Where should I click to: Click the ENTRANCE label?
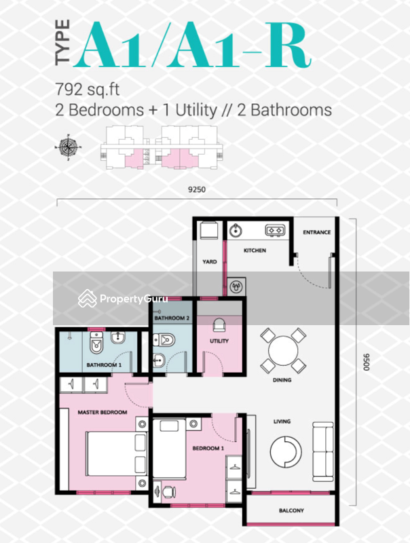coord(316,232)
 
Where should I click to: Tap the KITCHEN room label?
coord(255,250)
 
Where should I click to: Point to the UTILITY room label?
coord(219,341)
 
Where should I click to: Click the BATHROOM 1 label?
coord(104,365)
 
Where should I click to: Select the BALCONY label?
coord(291,510)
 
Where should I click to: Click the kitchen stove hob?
coord(275,230)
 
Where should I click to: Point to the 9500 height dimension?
coord(367,360)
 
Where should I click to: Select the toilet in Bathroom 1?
coord(96,347)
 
